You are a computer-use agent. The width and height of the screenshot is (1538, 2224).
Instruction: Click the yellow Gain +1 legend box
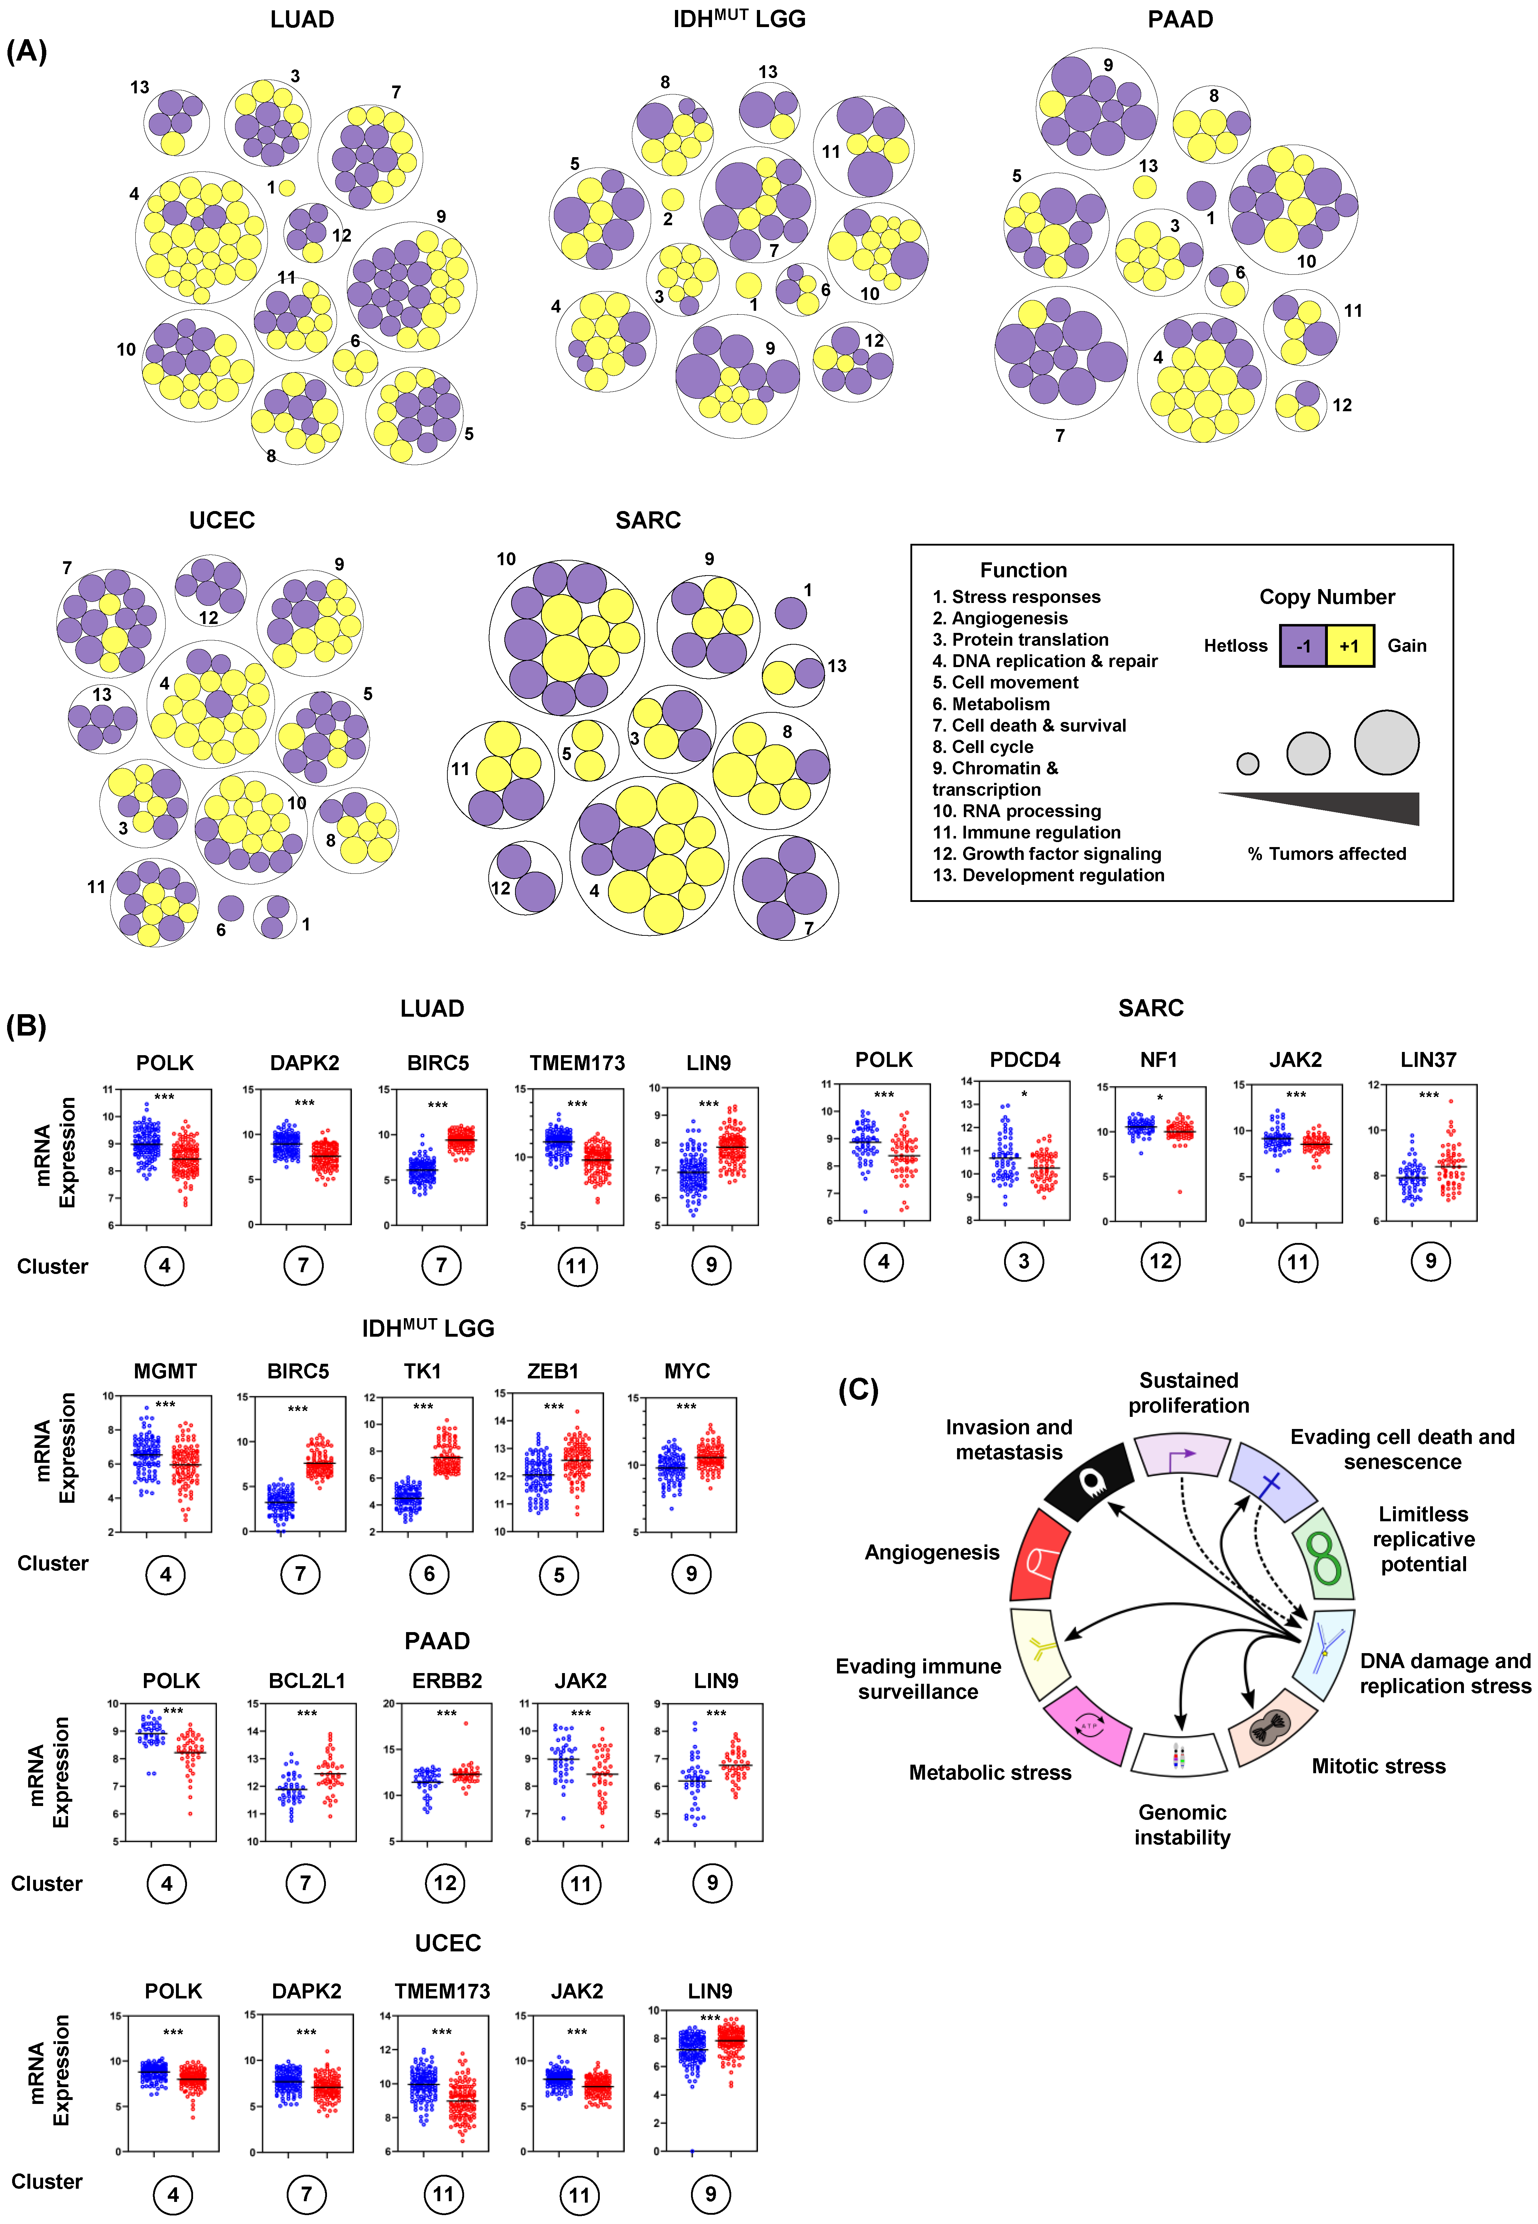1349,646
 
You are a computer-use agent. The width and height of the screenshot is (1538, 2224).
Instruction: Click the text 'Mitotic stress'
1378,1766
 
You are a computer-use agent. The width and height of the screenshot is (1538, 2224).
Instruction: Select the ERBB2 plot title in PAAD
446,1680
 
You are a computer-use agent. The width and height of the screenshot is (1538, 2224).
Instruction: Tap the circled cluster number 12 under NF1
1160,1261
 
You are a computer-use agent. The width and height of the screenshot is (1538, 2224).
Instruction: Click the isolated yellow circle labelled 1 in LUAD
286,188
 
